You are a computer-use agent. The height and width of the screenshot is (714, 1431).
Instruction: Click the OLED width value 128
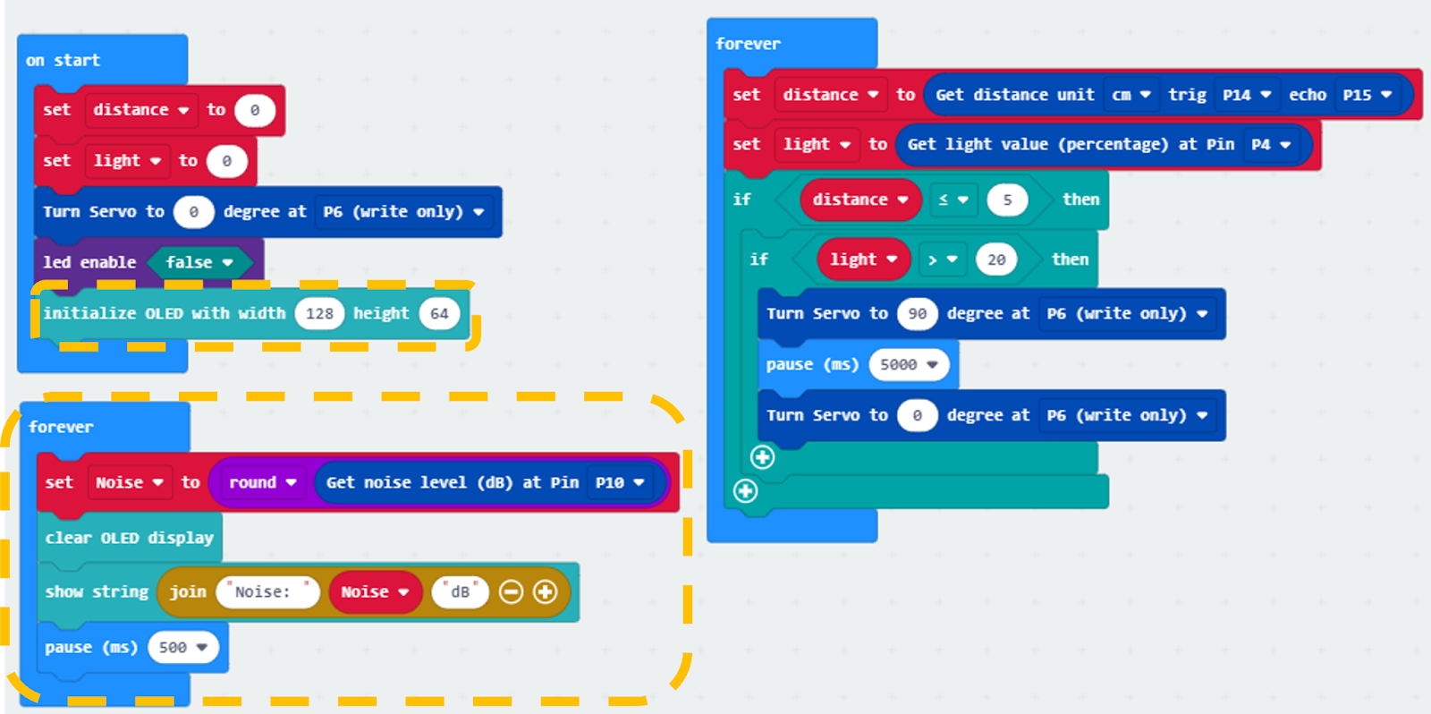319,313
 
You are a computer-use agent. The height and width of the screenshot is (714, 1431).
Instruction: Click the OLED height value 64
439,313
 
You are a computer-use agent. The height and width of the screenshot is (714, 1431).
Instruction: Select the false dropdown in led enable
199,262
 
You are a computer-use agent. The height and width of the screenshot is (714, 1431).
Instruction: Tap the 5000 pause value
909,364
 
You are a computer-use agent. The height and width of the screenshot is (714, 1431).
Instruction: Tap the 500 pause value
182,648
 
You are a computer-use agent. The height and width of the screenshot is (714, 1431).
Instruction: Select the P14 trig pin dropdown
1246,95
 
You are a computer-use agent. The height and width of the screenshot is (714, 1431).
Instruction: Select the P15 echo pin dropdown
1367,95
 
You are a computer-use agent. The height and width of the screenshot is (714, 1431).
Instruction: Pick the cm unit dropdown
1130,95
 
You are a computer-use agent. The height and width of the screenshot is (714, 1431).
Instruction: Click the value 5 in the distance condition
1007,200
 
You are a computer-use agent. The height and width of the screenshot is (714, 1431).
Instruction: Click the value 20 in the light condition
996,259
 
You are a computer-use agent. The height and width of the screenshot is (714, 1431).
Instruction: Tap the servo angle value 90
917,314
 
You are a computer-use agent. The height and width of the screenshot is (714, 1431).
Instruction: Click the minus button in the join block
511,592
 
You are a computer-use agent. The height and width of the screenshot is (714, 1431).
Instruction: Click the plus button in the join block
545,592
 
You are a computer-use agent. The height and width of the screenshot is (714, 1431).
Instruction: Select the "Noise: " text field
267,592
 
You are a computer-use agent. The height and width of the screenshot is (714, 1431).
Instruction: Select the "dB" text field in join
460,592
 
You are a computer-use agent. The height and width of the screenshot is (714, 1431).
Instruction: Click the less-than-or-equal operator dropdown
953,200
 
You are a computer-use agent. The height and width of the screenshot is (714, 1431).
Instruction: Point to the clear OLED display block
130,538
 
